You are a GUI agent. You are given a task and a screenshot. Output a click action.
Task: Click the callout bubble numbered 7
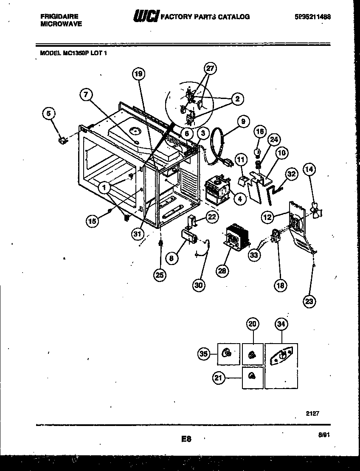coord(86,95)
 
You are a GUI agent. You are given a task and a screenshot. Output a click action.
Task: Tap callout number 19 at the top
coord(138,74)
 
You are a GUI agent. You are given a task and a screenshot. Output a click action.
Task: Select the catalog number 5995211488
coord(312,17)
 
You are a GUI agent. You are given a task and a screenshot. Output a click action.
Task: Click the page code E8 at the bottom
coord(185,439)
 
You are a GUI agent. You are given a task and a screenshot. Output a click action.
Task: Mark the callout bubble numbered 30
coord(198,285)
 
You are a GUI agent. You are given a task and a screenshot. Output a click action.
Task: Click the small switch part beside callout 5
coord(64,139)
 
